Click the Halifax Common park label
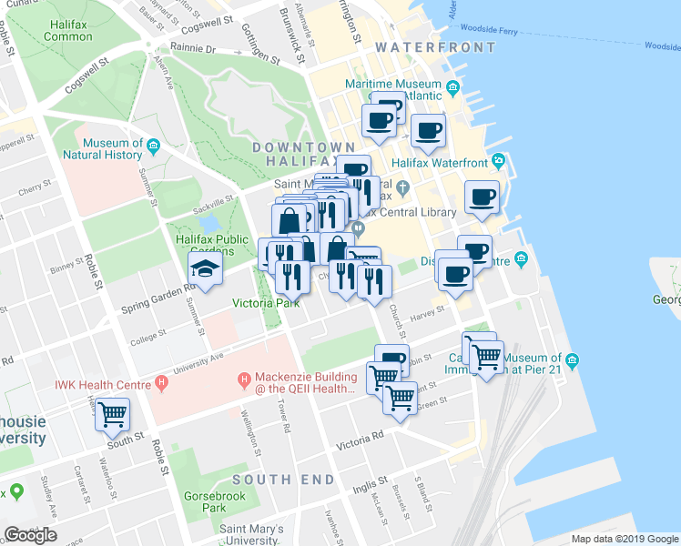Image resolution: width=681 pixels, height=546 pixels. click(67, 30)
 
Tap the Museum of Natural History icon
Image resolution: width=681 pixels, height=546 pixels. click(153, 144)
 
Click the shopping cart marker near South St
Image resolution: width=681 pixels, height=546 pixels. click(113, 415)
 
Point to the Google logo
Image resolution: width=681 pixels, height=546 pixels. click(30, 535)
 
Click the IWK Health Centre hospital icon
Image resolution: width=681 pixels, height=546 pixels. click(161, 379)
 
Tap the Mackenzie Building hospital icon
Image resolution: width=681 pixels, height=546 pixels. click(243, 379)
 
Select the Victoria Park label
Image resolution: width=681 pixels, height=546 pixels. click(266, 303)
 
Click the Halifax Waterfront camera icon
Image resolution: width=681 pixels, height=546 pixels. click(498, 162)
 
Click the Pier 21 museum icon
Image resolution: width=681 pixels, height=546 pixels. click(572, 362)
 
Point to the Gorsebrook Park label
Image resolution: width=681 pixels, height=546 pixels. click(201, 501)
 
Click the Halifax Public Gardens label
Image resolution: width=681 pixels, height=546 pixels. click(212, 245)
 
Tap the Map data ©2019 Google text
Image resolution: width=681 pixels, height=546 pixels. click(624, 538)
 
